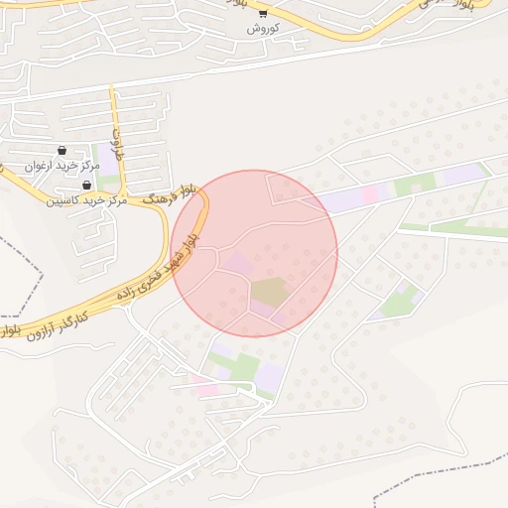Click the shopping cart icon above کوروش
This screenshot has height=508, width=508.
coord(263,13)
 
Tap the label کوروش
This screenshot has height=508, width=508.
coord(263,28)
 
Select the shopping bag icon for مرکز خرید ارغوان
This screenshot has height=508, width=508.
coord(63,150)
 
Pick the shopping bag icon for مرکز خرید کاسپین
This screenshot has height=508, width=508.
coord(87,185)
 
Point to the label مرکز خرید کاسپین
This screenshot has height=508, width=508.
coord(86,200)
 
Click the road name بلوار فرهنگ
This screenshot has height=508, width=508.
coord(171,193)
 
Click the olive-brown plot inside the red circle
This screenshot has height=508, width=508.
coord(269,293)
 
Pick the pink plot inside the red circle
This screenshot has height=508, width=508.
coord(238,264)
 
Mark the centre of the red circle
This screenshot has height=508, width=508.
coord(254,253)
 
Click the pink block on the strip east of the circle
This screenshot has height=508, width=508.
coord(371,193)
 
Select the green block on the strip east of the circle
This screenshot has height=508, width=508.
coord(415,185)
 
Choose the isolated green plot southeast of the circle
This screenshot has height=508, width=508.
coord(400,301)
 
